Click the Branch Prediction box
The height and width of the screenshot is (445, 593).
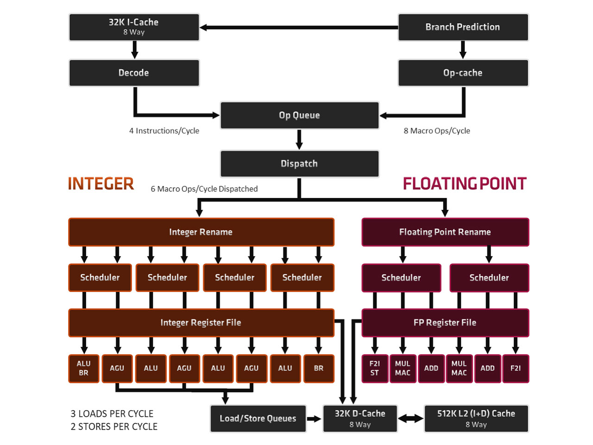(463, 27)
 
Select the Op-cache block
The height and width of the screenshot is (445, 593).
(463, 73)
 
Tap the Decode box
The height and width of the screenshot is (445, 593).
(134, 73)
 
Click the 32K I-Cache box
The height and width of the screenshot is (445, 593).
(134, 27)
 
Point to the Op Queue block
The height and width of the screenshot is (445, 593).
(299, 115)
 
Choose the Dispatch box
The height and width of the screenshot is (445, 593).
(299, 164)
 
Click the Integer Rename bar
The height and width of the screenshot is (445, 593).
(201, 232)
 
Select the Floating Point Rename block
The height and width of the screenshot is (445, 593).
(445, 232)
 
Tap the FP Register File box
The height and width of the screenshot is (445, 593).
(445, 323)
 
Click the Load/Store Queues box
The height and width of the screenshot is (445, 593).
(258, 419)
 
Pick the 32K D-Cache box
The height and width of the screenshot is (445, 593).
(360, 419)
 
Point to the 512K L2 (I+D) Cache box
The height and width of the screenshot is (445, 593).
(476, 419)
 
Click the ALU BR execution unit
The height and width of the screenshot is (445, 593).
(84, 369)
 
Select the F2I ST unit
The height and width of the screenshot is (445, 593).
(375, 369)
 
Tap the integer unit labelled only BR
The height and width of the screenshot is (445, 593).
(319, 369)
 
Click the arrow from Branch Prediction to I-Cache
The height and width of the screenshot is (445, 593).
(299, 28)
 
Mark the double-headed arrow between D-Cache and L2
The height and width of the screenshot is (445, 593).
(411, 419)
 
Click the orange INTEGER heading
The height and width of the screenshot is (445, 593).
(101, 184)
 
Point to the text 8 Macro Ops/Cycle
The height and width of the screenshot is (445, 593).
(436, 131)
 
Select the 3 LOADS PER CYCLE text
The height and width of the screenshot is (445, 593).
(112, 413)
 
